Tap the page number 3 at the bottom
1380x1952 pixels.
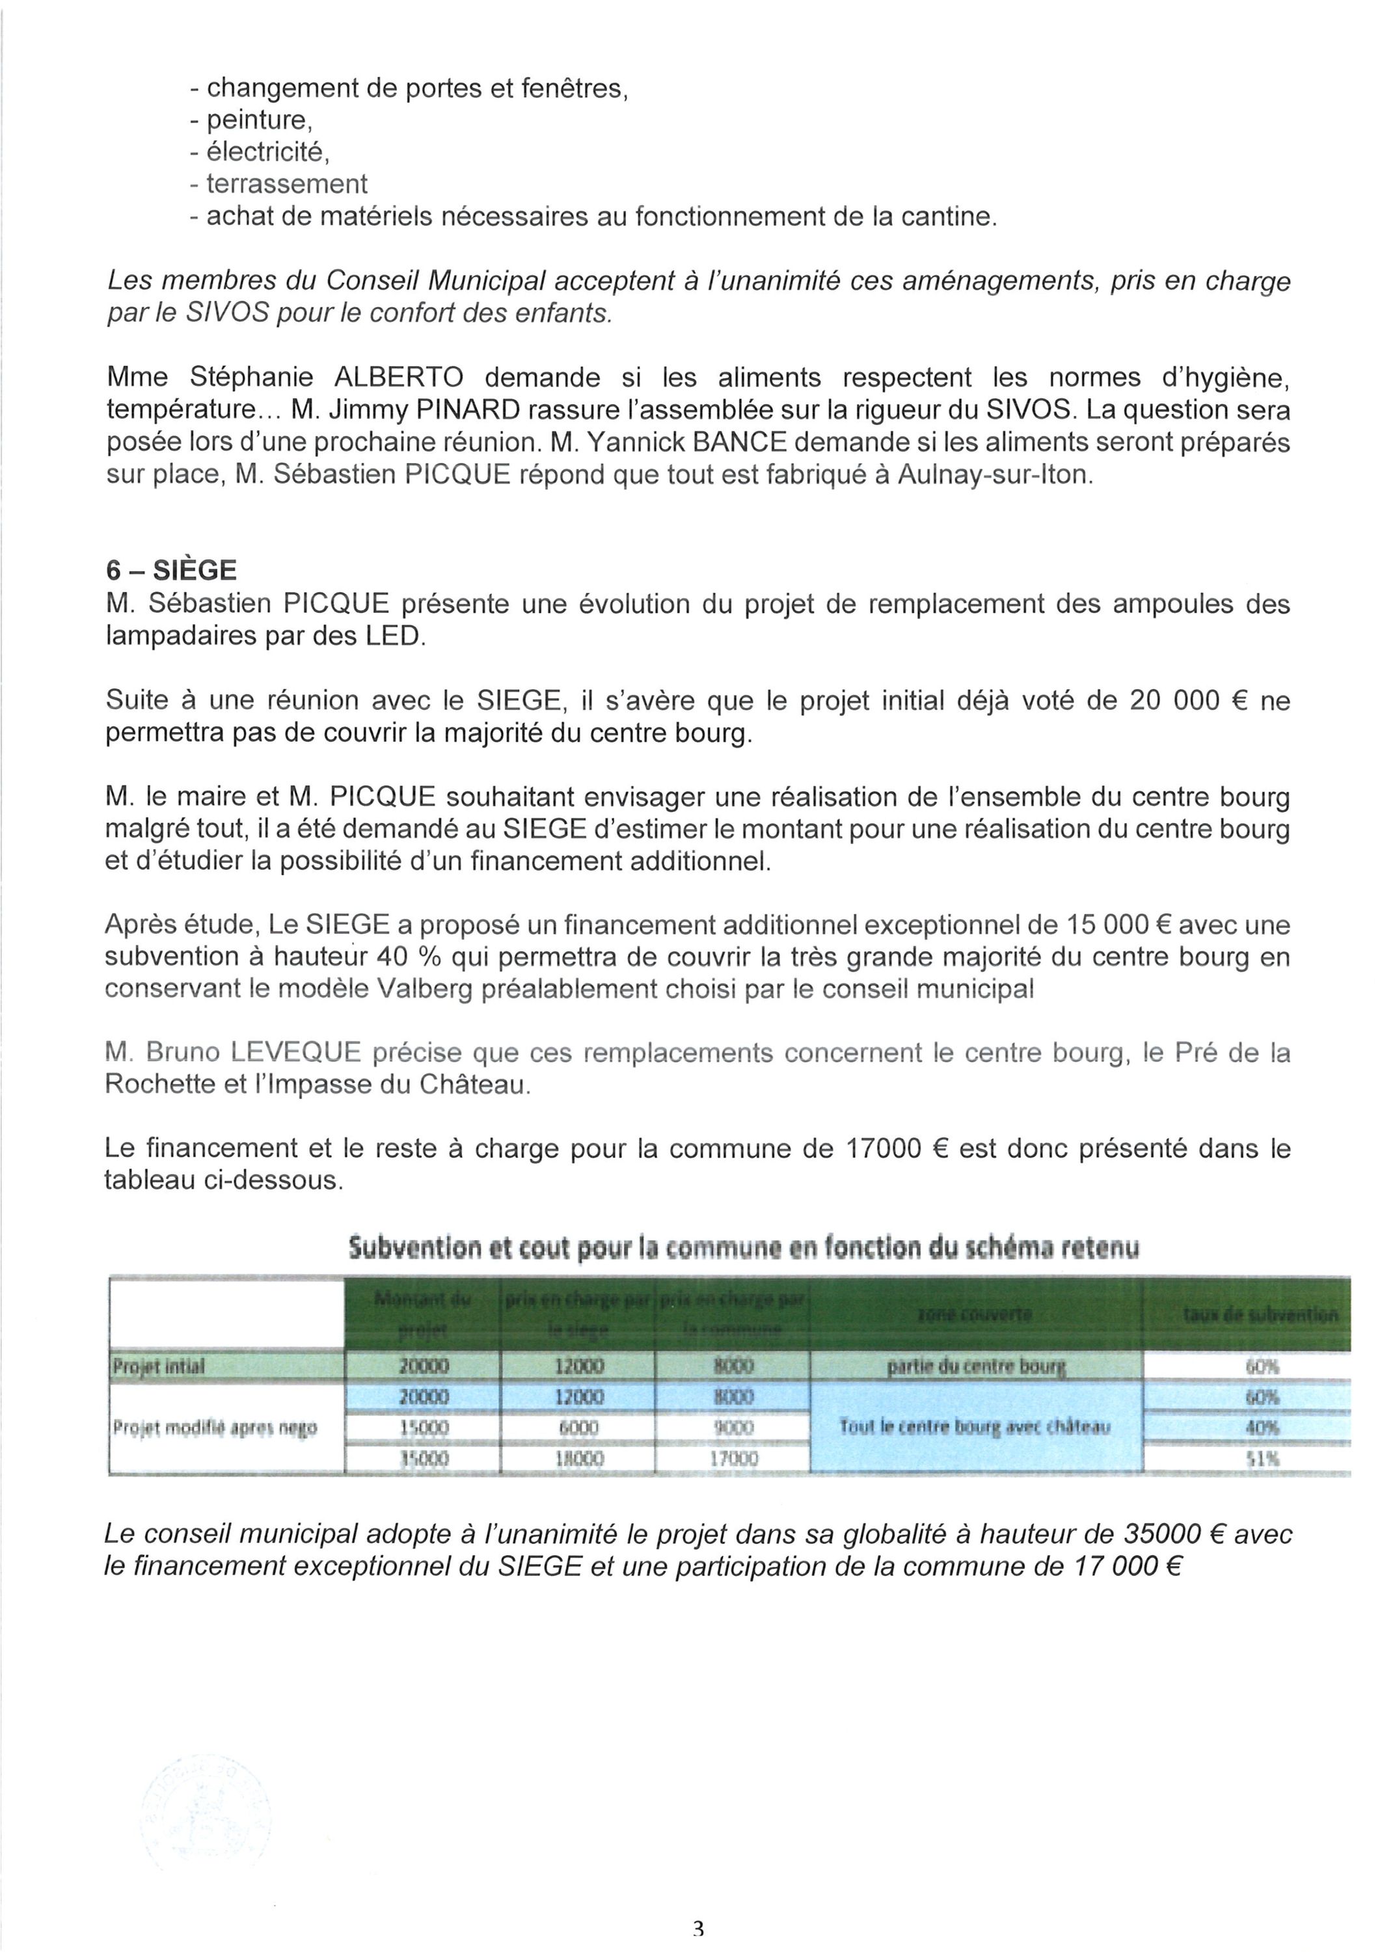pyautogui.click(x=698, y=1928)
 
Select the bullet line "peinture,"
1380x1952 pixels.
pyautogui.click(x=252, y=120)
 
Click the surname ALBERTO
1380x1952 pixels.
pyautogui.click(x=399, y=377)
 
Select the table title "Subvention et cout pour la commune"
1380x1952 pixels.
pyautogui.click(x=743, y=1247)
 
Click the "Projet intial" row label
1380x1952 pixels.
pyautogui.click(x=158, y=1366)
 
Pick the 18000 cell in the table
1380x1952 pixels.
pyautogui.click(x=578, y=1459)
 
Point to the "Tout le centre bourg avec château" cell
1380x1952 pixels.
pyautogui.click(x=975, y=1428)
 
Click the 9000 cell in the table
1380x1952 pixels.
pyautogui.click(x=732, y=1428)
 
